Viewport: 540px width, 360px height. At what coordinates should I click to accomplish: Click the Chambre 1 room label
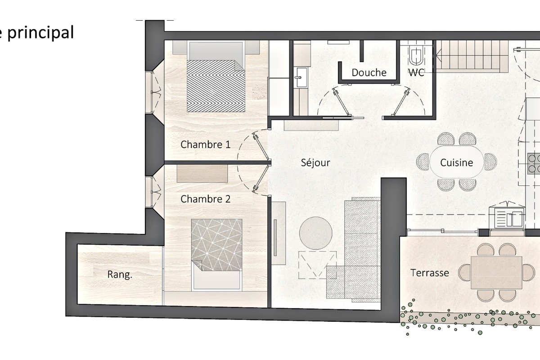tap(205, 145)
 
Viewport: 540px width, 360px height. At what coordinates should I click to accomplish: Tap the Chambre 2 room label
tap(205, 199)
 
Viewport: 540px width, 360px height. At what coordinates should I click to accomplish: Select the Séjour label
tap(315, 163)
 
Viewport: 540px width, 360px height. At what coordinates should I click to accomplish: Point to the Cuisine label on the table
tap(456, 163)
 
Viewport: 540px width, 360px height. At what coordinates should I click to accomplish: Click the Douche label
tap(369, 72)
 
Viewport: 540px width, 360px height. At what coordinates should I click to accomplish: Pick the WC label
tap(416, 72)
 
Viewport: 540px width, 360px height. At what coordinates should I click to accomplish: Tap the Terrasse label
tap(430, 273)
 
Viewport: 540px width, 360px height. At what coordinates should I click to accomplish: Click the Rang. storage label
tap(120, 274)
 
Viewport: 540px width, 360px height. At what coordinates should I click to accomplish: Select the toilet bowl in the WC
tap(416, 56)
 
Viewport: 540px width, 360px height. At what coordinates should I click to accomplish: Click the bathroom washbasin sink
tap(301, 77)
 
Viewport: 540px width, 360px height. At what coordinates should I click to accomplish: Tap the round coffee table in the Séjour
tap(316, 233)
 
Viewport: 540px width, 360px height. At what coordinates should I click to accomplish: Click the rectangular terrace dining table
tap(496, 272)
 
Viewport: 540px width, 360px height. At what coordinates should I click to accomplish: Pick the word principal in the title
tap(40, 33)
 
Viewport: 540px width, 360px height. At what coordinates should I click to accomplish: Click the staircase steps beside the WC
tap(472, 56)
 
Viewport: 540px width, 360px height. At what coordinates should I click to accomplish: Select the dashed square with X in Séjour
tap(318, 265)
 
